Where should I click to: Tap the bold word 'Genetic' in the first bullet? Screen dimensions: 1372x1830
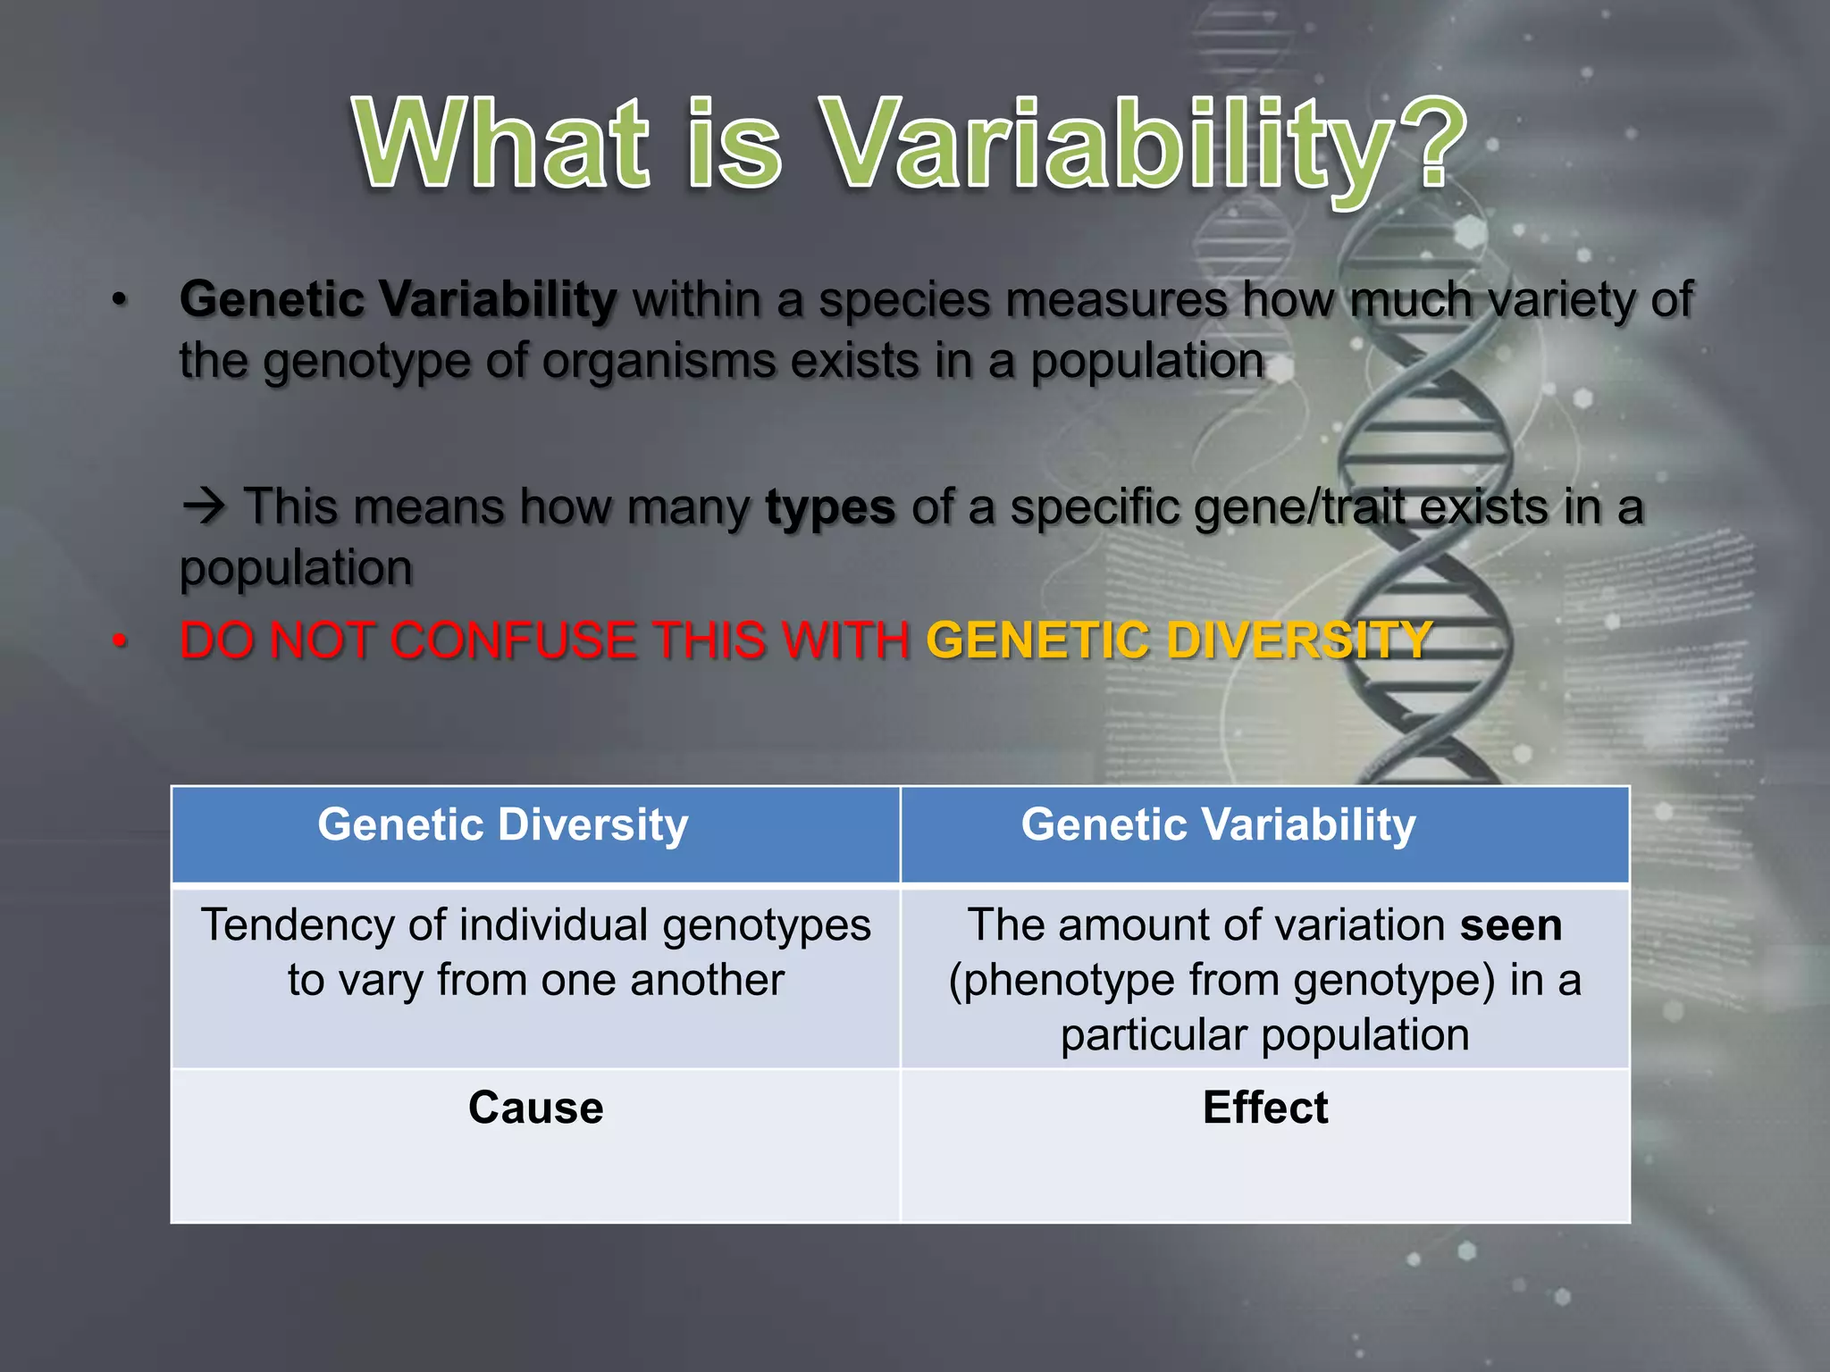272,299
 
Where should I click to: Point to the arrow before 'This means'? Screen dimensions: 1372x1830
205,507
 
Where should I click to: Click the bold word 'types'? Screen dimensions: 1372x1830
830,507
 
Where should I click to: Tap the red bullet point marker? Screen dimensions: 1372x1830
120,641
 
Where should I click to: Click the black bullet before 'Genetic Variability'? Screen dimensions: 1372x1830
120,301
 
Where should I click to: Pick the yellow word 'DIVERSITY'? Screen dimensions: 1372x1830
1299,640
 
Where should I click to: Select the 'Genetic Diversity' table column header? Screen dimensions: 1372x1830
503,824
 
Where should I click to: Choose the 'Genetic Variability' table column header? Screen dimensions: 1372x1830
1218,824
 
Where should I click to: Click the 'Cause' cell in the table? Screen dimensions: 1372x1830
535,1108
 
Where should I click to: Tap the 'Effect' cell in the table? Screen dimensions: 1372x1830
1264,1108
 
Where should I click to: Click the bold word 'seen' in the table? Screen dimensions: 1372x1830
1510,925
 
